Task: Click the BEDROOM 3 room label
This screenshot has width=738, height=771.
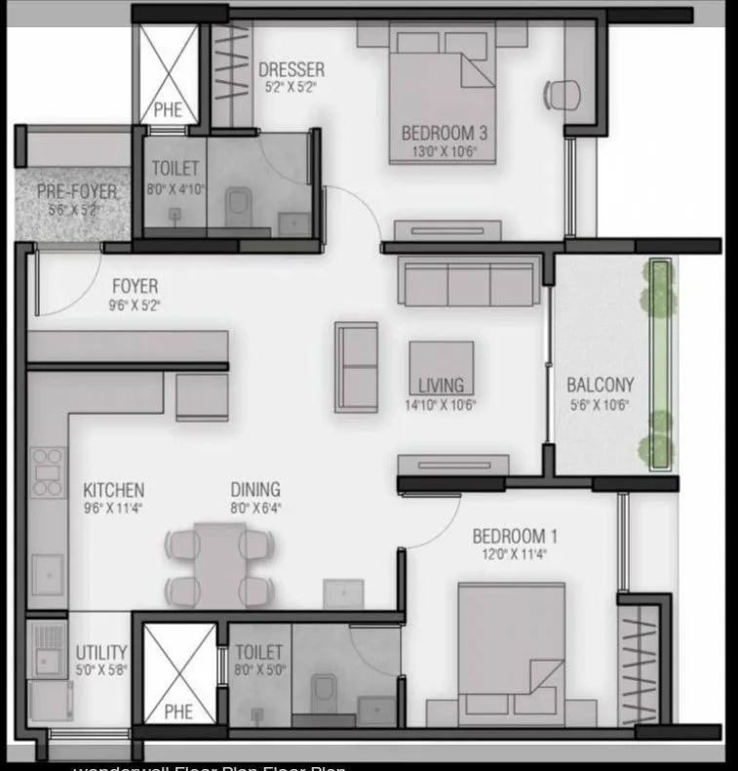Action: click(445, 133)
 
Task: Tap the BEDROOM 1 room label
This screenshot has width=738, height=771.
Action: click(515, 536)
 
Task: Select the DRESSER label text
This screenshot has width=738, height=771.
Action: click(291, 70)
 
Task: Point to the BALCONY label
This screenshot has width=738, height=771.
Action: click(600, 385)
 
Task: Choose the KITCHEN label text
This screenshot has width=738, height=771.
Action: click(113, 490)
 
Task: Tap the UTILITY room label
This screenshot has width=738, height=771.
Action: click(101, 652)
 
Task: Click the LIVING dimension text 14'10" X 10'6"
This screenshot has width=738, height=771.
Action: click(441, 405)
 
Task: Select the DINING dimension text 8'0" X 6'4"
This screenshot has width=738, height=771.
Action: click(255, 508)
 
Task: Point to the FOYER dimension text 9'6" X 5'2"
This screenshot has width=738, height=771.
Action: click(135, 305)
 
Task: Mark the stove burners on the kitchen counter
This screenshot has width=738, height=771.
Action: click(46, 473)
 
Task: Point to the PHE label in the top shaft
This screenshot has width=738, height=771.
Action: click(168, 110)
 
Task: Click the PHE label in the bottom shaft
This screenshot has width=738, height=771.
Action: click(177, 710)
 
